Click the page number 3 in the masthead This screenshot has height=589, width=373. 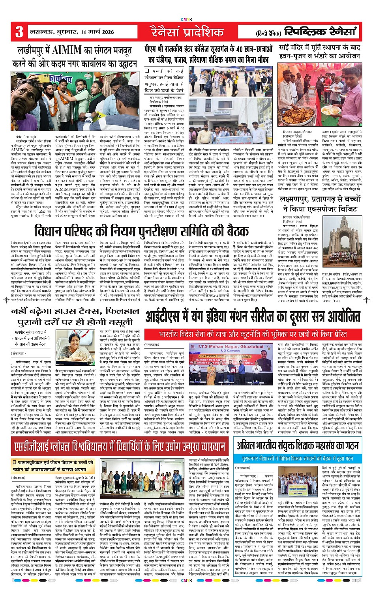tap(19, 32)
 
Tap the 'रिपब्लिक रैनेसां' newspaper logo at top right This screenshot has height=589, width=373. tap(321, 32)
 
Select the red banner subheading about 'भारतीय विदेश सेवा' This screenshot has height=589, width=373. tap(253, 334)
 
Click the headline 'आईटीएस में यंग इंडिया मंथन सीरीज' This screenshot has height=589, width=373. tap(253, 317)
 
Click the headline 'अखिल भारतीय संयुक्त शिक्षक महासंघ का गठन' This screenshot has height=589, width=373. tap(298, 445)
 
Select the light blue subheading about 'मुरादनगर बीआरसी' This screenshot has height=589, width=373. tap(298, 458)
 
